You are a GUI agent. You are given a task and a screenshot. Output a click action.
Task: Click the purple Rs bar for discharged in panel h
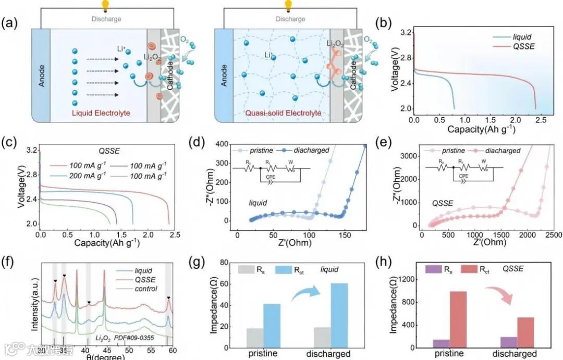click(509, 342)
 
